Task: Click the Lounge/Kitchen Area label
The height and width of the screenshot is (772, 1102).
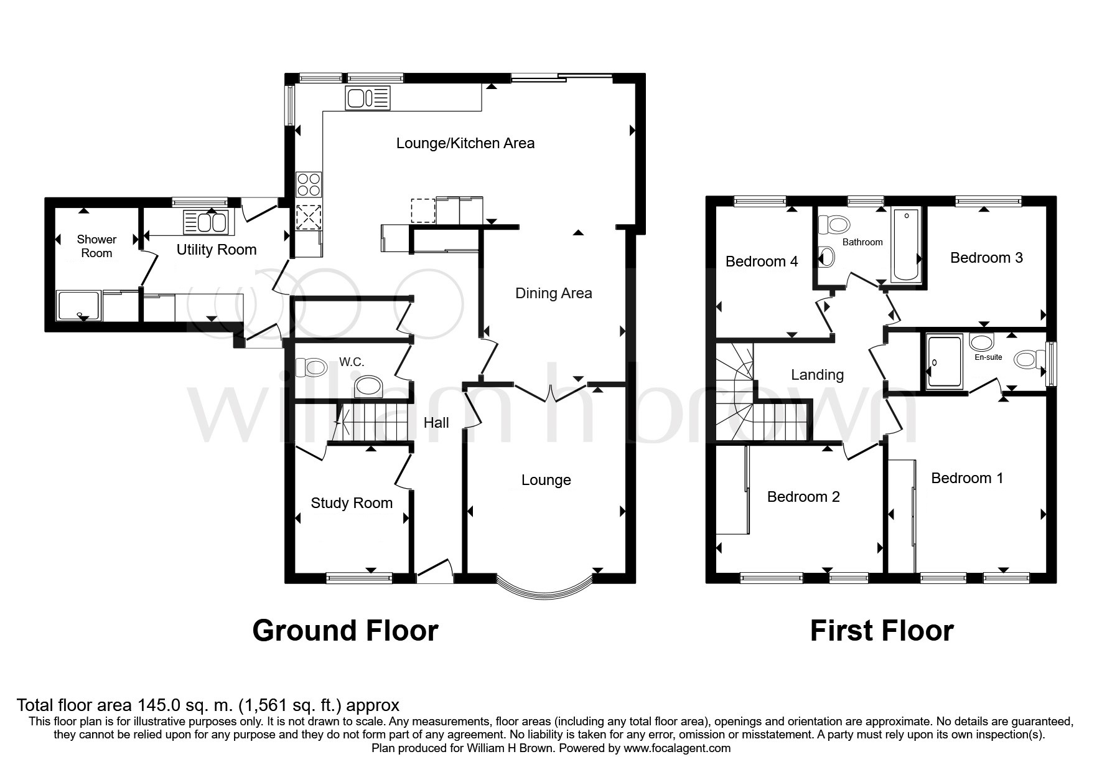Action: click(465, 143)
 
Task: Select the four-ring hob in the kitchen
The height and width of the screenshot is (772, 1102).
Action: click(308, 184)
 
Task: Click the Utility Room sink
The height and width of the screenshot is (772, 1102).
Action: click(206, 222)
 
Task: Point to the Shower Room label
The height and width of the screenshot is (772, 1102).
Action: click(96, 246)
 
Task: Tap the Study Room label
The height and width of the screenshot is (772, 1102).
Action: click(352, 503)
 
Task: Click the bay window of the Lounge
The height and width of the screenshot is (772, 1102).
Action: click(546, 592)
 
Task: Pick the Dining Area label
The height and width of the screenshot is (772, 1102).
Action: click(553, 293)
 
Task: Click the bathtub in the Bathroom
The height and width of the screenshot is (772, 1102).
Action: click(905, 245)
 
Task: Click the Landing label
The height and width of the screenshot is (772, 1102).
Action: click(817, 375)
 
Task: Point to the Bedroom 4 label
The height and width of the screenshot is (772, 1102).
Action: click(761, 261)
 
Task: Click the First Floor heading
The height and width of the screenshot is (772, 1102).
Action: click(881, 631)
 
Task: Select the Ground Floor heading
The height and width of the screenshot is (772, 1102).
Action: click(345, 631)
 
